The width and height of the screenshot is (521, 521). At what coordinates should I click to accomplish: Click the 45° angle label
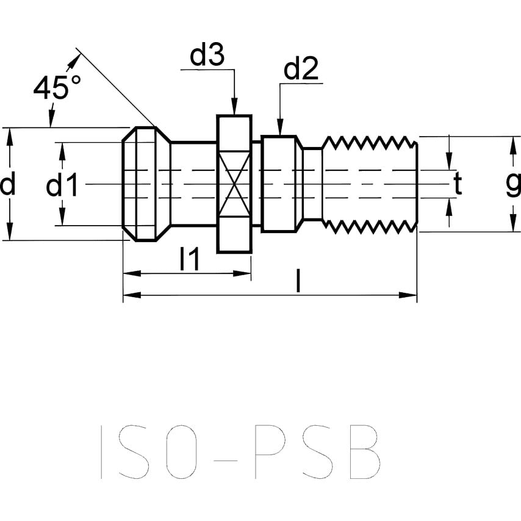57,89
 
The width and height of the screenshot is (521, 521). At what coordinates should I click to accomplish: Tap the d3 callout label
207,56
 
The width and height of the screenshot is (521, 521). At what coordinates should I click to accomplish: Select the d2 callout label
301,71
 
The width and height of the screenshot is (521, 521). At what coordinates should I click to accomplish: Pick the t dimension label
458,184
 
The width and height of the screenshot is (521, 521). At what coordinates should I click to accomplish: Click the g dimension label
513,184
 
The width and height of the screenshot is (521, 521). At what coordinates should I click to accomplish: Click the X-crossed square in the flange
234,184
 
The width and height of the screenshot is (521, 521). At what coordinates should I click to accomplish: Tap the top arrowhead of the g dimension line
511,143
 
